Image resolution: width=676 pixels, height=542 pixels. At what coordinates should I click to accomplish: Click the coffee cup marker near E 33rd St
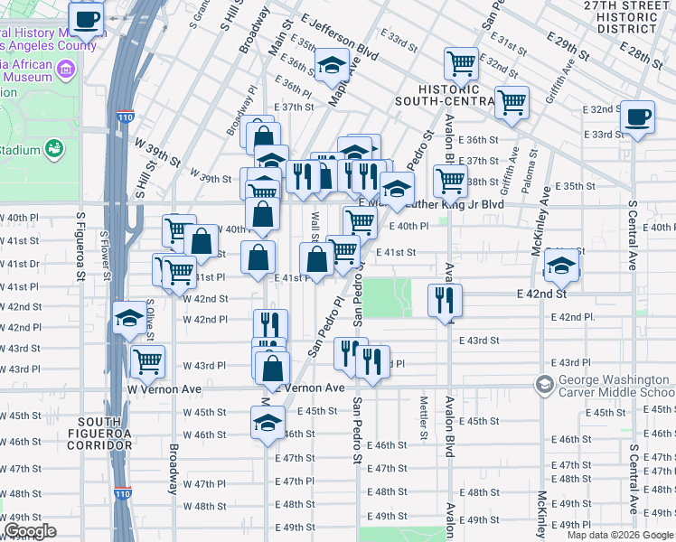638,117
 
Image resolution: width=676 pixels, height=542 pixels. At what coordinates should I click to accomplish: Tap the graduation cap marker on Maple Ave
332,65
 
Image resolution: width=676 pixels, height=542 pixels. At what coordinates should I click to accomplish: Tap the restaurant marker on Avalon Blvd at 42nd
444,300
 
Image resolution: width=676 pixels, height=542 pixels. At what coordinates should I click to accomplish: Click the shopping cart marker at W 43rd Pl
147,361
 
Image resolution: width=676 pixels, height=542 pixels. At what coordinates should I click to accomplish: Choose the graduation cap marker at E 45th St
268,423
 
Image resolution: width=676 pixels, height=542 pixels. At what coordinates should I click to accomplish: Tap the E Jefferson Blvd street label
340,37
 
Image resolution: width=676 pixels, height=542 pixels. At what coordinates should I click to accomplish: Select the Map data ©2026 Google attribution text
620,535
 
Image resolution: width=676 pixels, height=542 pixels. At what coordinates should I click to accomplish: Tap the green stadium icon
54,148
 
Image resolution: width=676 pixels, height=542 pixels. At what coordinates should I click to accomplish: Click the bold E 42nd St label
541,294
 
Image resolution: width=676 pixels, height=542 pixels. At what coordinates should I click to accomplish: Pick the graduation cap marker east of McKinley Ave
561,266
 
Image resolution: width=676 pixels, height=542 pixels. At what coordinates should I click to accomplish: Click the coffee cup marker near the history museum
87,19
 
